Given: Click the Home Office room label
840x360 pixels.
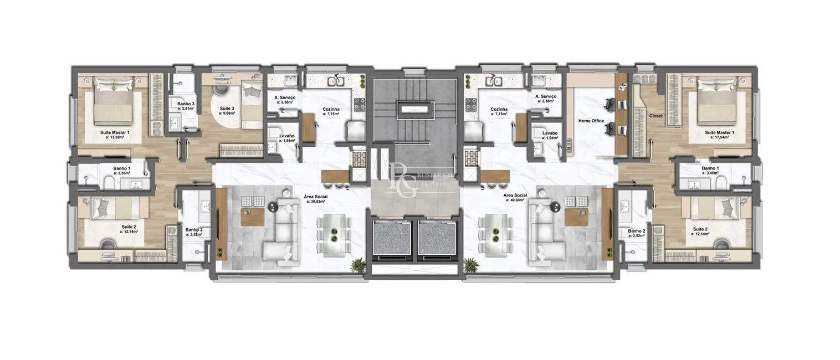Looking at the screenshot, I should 591,121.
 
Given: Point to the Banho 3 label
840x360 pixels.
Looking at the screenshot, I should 186,104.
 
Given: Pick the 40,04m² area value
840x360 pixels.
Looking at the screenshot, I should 515,202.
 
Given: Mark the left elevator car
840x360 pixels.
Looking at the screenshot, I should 391,238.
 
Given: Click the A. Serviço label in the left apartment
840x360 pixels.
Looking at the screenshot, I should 285,98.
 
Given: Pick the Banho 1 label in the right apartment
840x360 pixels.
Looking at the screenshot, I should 710,168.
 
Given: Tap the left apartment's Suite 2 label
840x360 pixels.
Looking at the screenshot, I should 129,227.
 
